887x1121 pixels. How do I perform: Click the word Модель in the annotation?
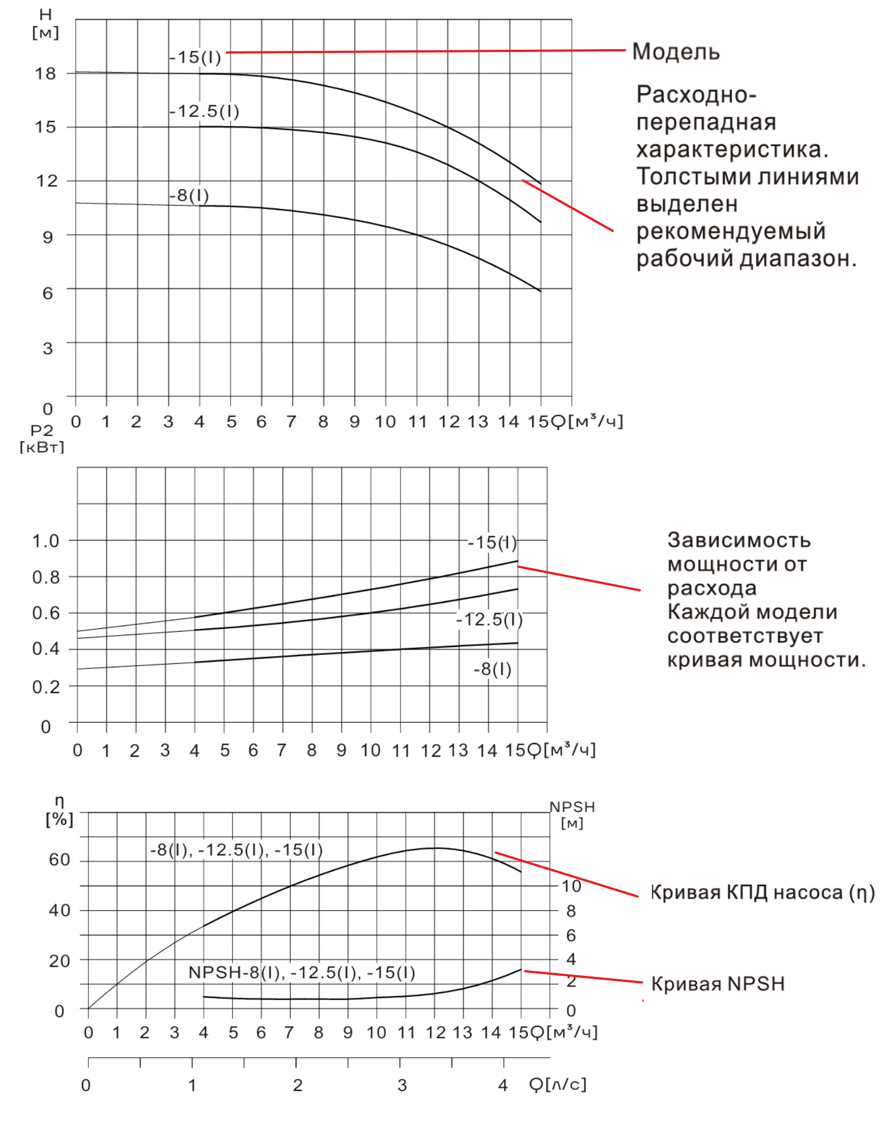675,52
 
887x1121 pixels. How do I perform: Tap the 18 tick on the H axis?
45,74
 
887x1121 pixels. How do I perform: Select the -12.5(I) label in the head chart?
205,111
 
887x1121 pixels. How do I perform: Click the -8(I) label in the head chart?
189,196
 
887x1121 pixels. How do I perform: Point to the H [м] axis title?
45,24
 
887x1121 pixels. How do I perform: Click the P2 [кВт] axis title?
42,439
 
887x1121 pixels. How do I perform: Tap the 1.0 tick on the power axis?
46,541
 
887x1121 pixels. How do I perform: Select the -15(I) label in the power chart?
492,543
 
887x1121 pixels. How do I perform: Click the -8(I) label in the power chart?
493,670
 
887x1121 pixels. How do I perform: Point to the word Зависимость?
738,540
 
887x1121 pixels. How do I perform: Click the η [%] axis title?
59,811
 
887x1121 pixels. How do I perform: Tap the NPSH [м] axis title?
572,814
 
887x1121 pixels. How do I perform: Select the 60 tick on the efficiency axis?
59,860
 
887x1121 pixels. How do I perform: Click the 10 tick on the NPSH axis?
571,886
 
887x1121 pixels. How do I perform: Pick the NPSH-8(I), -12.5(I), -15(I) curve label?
302,972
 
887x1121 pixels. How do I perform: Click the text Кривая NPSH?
718,984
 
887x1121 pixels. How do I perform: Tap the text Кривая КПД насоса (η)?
762,893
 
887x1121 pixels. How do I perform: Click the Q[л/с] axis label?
558,1084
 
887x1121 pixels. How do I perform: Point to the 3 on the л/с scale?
402,1085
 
